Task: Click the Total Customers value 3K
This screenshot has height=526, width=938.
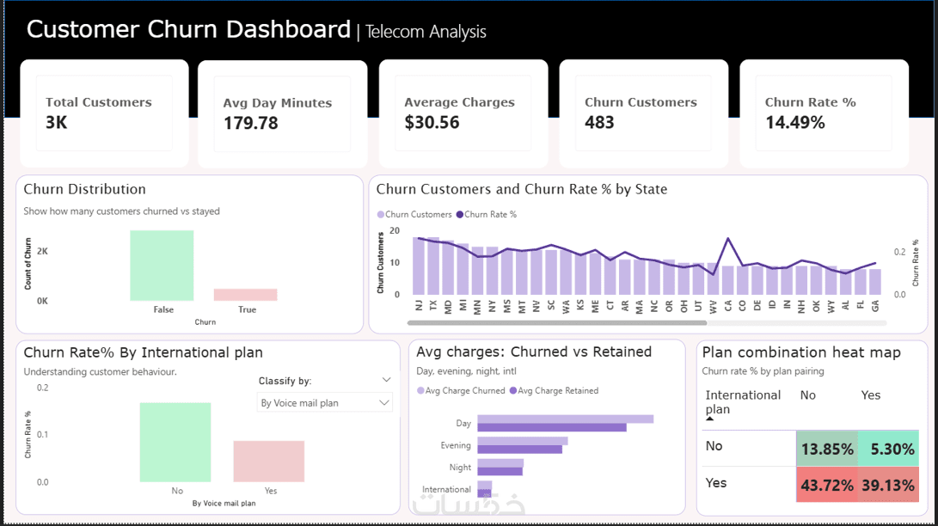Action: (x=57, y=122)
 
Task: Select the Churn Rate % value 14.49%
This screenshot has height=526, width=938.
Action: (x=794, y=122)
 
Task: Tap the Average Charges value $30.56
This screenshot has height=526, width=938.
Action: (x=432, y=122)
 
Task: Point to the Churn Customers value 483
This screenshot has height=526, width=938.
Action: (x=599, y=122)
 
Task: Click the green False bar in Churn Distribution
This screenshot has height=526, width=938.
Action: (x=162, y=266)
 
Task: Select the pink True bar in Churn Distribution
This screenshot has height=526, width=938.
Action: (x=246, y=295)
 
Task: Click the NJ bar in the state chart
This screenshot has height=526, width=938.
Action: (x=419, y=266)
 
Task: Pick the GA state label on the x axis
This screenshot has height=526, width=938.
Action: (x=875, y=305)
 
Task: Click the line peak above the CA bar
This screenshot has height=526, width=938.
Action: (x=728, y=239)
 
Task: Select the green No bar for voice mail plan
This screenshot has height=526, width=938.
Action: (x=175, y=442)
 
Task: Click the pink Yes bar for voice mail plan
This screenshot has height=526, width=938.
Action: (x=269, y=462)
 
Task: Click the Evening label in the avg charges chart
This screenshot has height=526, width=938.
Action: (x=456, y=445)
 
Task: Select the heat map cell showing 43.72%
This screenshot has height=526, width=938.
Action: (x=826, y=486)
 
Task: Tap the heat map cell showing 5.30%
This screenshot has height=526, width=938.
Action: (x=887, y=449)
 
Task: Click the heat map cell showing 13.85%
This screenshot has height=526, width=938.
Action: (x=826, y=449)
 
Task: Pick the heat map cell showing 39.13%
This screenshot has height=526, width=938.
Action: (x=887, y=486)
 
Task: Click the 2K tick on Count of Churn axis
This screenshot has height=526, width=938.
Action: (x=41, y=251)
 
